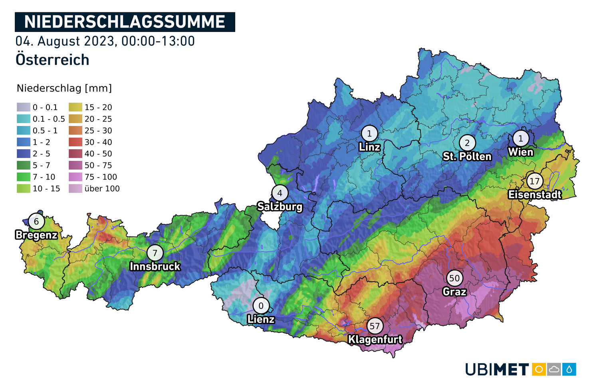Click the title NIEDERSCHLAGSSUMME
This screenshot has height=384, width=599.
(x=125, y=22)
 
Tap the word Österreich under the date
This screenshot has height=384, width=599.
(x=52, y=60)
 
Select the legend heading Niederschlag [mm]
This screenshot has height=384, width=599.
(x=64, y=88)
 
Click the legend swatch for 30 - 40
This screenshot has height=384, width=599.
(x=75, y=142)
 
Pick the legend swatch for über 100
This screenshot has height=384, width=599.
(x=75, y=188)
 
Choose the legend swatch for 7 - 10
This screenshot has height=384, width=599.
(x=24, y=177)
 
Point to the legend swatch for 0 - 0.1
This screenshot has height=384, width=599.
(x=24, y=107)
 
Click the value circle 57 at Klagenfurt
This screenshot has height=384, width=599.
(x=375, y=326)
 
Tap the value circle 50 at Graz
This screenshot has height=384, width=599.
(x=454, y=278)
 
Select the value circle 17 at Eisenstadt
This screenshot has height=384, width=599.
(x=534, y=181)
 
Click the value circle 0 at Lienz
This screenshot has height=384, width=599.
(x=261, y=306)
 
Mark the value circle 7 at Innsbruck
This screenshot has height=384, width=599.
(x=155, y=253)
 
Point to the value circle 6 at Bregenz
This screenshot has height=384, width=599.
(x=36, y=222)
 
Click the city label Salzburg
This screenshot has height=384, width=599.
(x=280, y=207)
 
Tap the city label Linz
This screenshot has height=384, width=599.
(x=369, y=147)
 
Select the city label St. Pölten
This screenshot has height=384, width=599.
(x=467, y=156)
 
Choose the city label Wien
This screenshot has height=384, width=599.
(x=520, y=152)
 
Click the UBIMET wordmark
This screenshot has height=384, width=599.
(x=497, y=369)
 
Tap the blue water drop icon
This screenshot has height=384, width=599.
(x=569, y=369)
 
